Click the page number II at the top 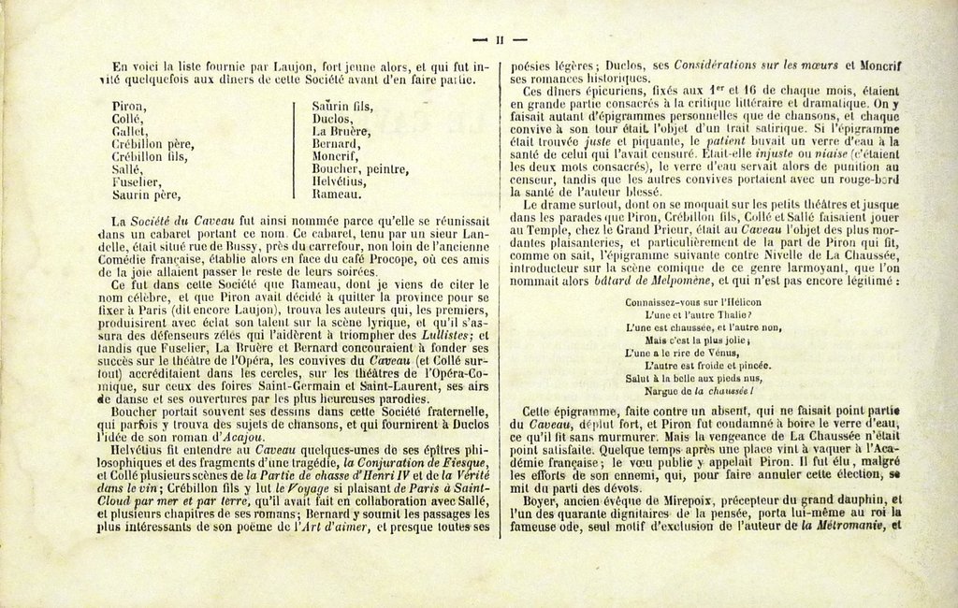pos(500,39)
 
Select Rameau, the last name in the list pos(335,195)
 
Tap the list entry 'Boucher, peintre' pos(360,169)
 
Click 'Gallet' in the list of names pos(130,132)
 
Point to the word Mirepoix pos(648,499)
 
